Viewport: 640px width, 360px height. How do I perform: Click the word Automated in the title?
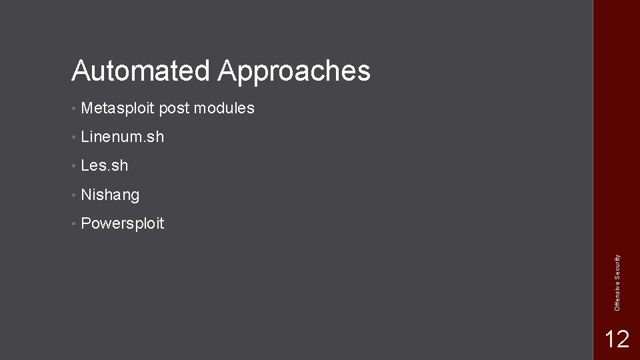(141, 70)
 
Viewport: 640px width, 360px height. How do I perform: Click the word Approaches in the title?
(293, 71)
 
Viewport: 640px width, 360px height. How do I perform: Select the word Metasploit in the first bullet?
(117, 108)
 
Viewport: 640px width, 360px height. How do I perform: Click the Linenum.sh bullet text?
(122, 137)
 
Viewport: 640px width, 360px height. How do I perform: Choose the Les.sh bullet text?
(104, 165)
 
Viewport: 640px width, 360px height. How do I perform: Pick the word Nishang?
(110, 195)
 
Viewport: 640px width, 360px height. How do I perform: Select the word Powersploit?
(122, 224)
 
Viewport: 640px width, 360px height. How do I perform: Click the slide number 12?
(616, 339)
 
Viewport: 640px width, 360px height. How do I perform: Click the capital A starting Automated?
(81, 70)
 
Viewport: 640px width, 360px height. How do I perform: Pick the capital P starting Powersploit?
(85, 223)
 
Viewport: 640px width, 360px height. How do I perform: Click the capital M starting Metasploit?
(87, 108)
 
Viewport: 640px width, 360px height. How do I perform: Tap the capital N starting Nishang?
(85, 195)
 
